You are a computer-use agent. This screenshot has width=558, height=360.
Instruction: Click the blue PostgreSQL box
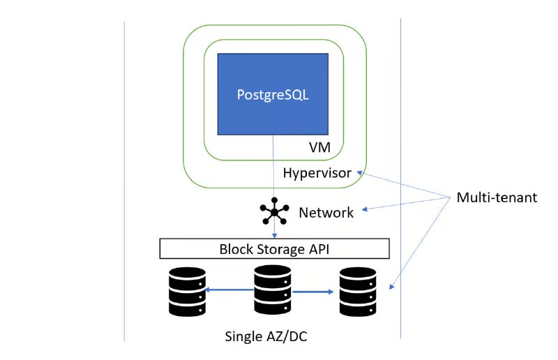[x=273, y=93]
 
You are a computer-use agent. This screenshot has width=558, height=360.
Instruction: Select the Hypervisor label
[x=317, y=172]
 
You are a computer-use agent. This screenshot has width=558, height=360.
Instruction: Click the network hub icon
[x=274, y=212]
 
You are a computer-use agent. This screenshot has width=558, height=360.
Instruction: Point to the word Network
[x=326, y=213]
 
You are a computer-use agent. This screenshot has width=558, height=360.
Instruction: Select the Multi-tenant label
[x=497, y=197]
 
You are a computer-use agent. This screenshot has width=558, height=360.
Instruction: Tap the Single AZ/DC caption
[x=266, y=336]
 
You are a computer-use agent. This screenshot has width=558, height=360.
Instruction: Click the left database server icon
[x=186, y=292]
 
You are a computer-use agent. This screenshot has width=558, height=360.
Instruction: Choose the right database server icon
[x=357, y=292]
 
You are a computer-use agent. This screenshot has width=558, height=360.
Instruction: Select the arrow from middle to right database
[x=315, y=292]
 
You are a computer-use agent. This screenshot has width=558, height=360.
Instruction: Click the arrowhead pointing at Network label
[x=365, y=209]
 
